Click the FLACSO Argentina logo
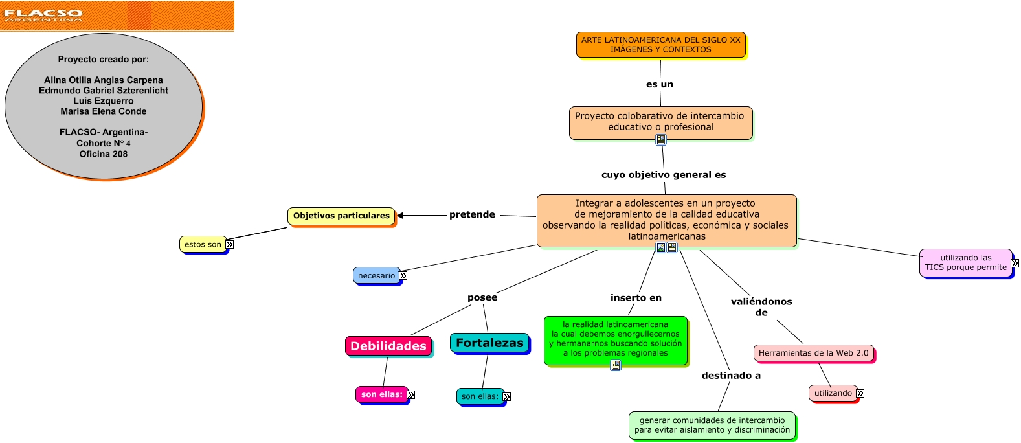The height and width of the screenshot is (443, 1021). [x=43, y=15]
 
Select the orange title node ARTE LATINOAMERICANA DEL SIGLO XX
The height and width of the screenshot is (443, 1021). [x=660, y=45]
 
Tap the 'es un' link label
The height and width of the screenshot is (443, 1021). [x=660, y=84]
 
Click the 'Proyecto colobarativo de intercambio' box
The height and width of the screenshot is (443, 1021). [x=660, y=122]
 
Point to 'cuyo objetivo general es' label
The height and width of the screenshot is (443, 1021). [x=664, y=175]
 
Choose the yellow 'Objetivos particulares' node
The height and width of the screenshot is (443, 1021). [x=341, y=216]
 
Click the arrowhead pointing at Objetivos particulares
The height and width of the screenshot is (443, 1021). [x=400, y=216]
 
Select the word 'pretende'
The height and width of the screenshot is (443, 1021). [x=472, y=215]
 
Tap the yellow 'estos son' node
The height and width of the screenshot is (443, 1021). [x=203, y=244]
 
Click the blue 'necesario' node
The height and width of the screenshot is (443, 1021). [x=376, y=275]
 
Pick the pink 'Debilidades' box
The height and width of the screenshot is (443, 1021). [x=388, y=346]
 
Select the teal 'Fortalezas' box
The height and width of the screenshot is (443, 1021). [x=489, y=343]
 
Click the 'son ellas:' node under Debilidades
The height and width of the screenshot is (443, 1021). [x=381, y=394]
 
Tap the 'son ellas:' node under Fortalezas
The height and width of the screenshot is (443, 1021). [x=480, y=396]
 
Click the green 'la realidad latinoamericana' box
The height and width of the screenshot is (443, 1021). [x=615, y=339]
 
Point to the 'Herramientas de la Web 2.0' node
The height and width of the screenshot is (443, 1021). [x=813, y=353]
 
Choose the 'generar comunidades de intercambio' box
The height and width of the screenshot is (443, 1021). [x=712, y=425]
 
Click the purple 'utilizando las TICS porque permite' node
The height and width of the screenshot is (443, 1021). [x=965, y=262]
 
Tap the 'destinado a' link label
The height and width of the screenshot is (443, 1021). [x=731, y=376]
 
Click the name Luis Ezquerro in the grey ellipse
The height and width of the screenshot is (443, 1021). [x=104, y=101]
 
